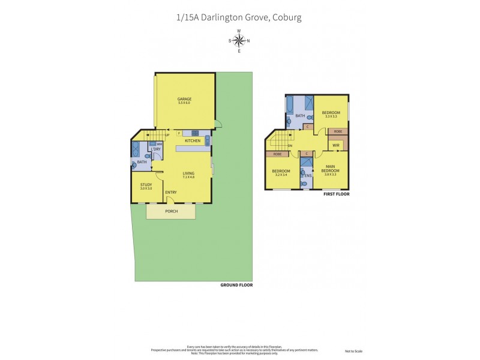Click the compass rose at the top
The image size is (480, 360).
point(239,41)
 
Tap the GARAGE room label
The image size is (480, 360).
point(184,101)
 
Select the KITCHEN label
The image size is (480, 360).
point(192,141)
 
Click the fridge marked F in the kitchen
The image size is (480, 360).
point(179,133)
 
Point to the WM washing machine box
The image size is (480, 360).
point(159,144)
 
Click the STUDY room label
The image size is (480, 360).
point(146,186)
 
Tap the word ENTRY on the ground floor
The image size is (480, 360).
point(170,192)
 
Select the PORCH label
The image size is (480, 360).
point(171,211)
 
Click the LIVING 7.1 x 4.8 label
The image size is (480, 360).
point(189,175)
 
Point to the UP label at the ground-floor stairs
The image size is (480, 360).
point(167,135)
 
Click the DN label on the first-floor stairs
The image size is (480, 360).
point(290,145)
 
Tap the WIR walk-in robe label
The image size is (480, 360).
point(336,145)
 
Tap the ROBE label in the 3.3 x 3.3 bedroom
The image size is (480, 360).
point(338,131)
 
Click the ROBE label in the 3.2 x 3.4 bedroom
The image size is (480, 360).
point(277,154)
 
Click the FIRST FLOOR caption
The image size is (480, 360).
point(335,194)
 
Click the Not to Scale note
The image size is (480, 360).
point(354,351)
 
